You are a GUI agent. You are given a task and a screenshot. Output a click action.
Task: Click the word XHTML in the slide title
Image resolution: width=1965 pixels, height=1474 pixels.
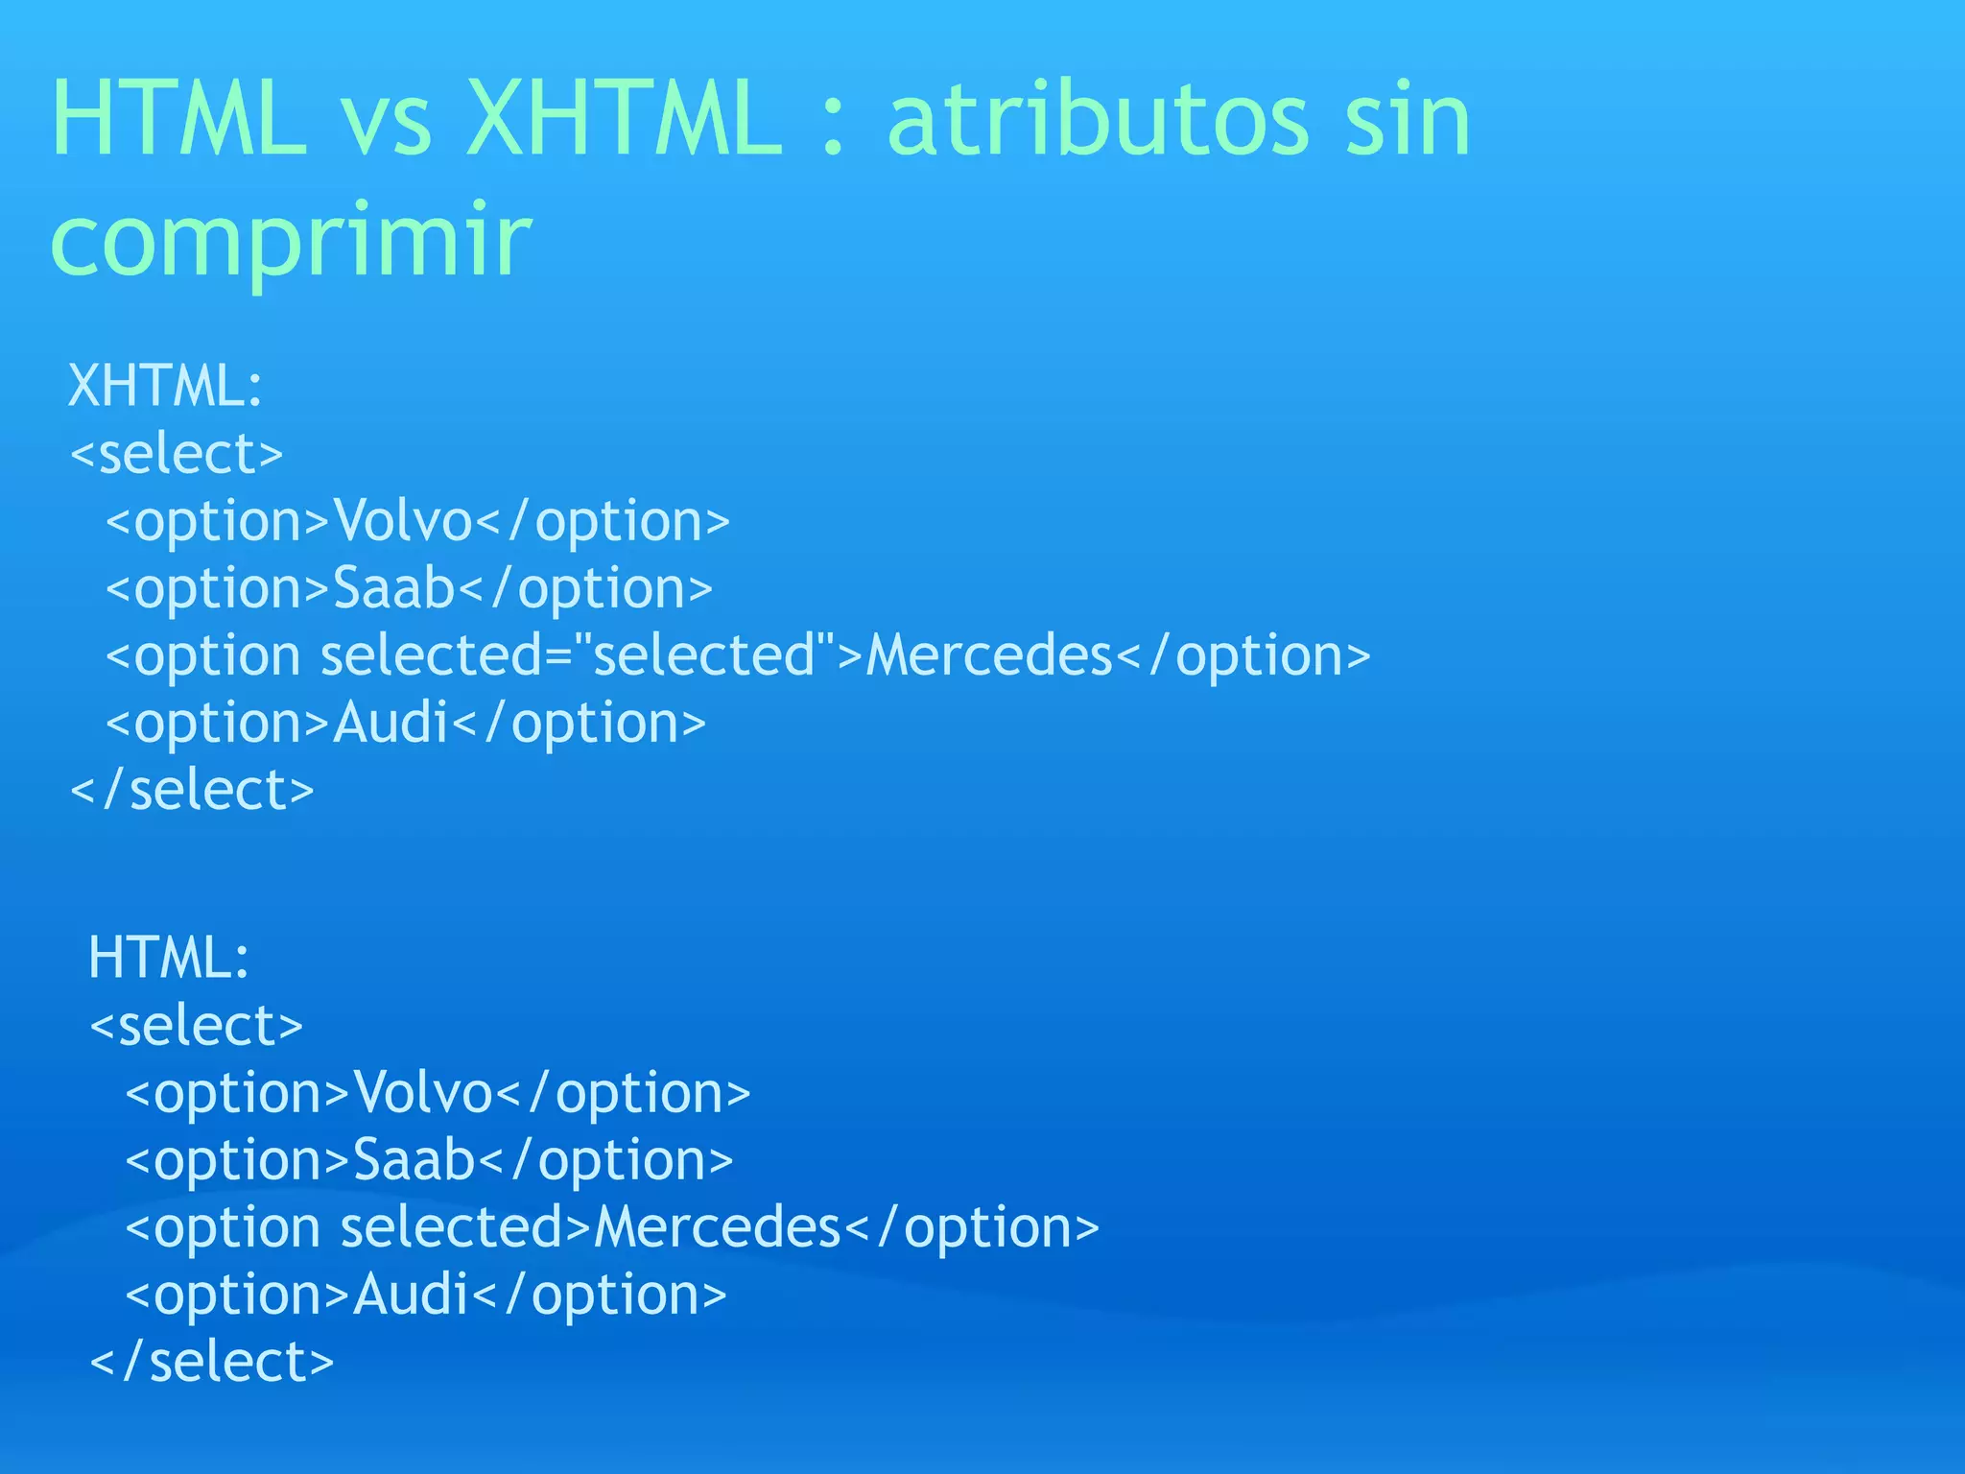[624, 119]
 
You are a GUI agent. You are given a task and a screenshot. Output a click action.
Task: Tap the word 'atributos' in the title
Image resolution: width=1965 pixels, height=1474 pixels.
[1098, 119]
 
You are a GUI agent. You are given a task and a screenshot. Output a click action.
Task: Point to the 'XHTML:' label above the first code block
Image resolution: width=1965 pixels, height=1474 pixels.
[165, 386]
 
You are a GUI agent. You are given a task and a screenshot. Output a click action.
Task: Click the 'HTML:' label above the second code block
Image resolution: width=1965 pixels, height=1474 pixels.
[169, 958]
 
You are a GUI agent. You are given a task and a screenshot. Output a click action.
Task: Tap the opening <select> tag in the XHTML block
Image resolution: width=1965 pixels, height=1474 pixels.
[177, 453]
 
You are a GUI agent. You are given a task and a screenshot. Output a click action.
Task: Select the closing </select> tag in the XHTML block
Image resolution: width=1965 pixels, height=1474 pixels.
[192, 790]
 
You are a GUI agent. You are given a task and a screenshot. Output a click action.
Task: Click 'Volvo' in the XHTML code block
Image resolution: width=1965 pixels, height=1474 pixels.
[403, 521]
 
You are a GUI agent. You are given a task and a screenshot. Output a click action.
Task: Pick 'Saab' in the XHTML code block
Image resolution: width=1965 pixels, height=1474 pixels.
[393, 588]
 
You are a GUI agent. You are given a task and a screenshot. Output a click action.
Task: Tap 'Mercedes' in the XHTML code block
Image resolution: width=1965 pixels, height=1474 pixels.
[988, 655]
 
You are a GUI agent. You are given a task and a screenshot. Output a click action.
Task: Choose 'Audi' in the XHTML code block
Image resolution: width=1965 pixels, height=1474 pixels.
[391, 723]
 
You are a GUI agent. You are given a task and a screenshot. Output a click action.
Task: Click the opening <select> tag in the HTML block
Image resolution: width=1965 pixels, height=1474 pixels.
[196, 1025]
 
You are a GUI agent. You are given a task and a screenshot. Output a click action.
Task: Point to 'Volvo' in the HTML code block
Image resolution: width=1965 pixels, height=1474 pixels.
[423, 1093]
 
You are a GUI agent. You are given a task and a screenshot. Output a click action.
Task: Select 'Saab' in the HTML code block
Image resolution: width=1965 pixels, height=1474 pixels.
[414, 1160]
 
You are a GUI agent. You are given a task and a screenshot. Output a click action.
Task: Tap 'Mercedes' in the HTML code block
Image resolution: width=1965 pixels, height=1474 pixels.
[717, 1227]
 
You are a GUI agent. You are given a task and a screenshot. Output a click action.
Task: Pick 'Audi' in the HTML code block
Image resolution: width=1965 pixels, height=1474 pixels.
[411, 1295]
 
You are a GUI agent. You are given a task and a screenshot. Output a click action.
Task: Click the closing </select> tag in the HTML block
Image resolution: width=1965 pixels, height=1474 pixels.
[211, 1362]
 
